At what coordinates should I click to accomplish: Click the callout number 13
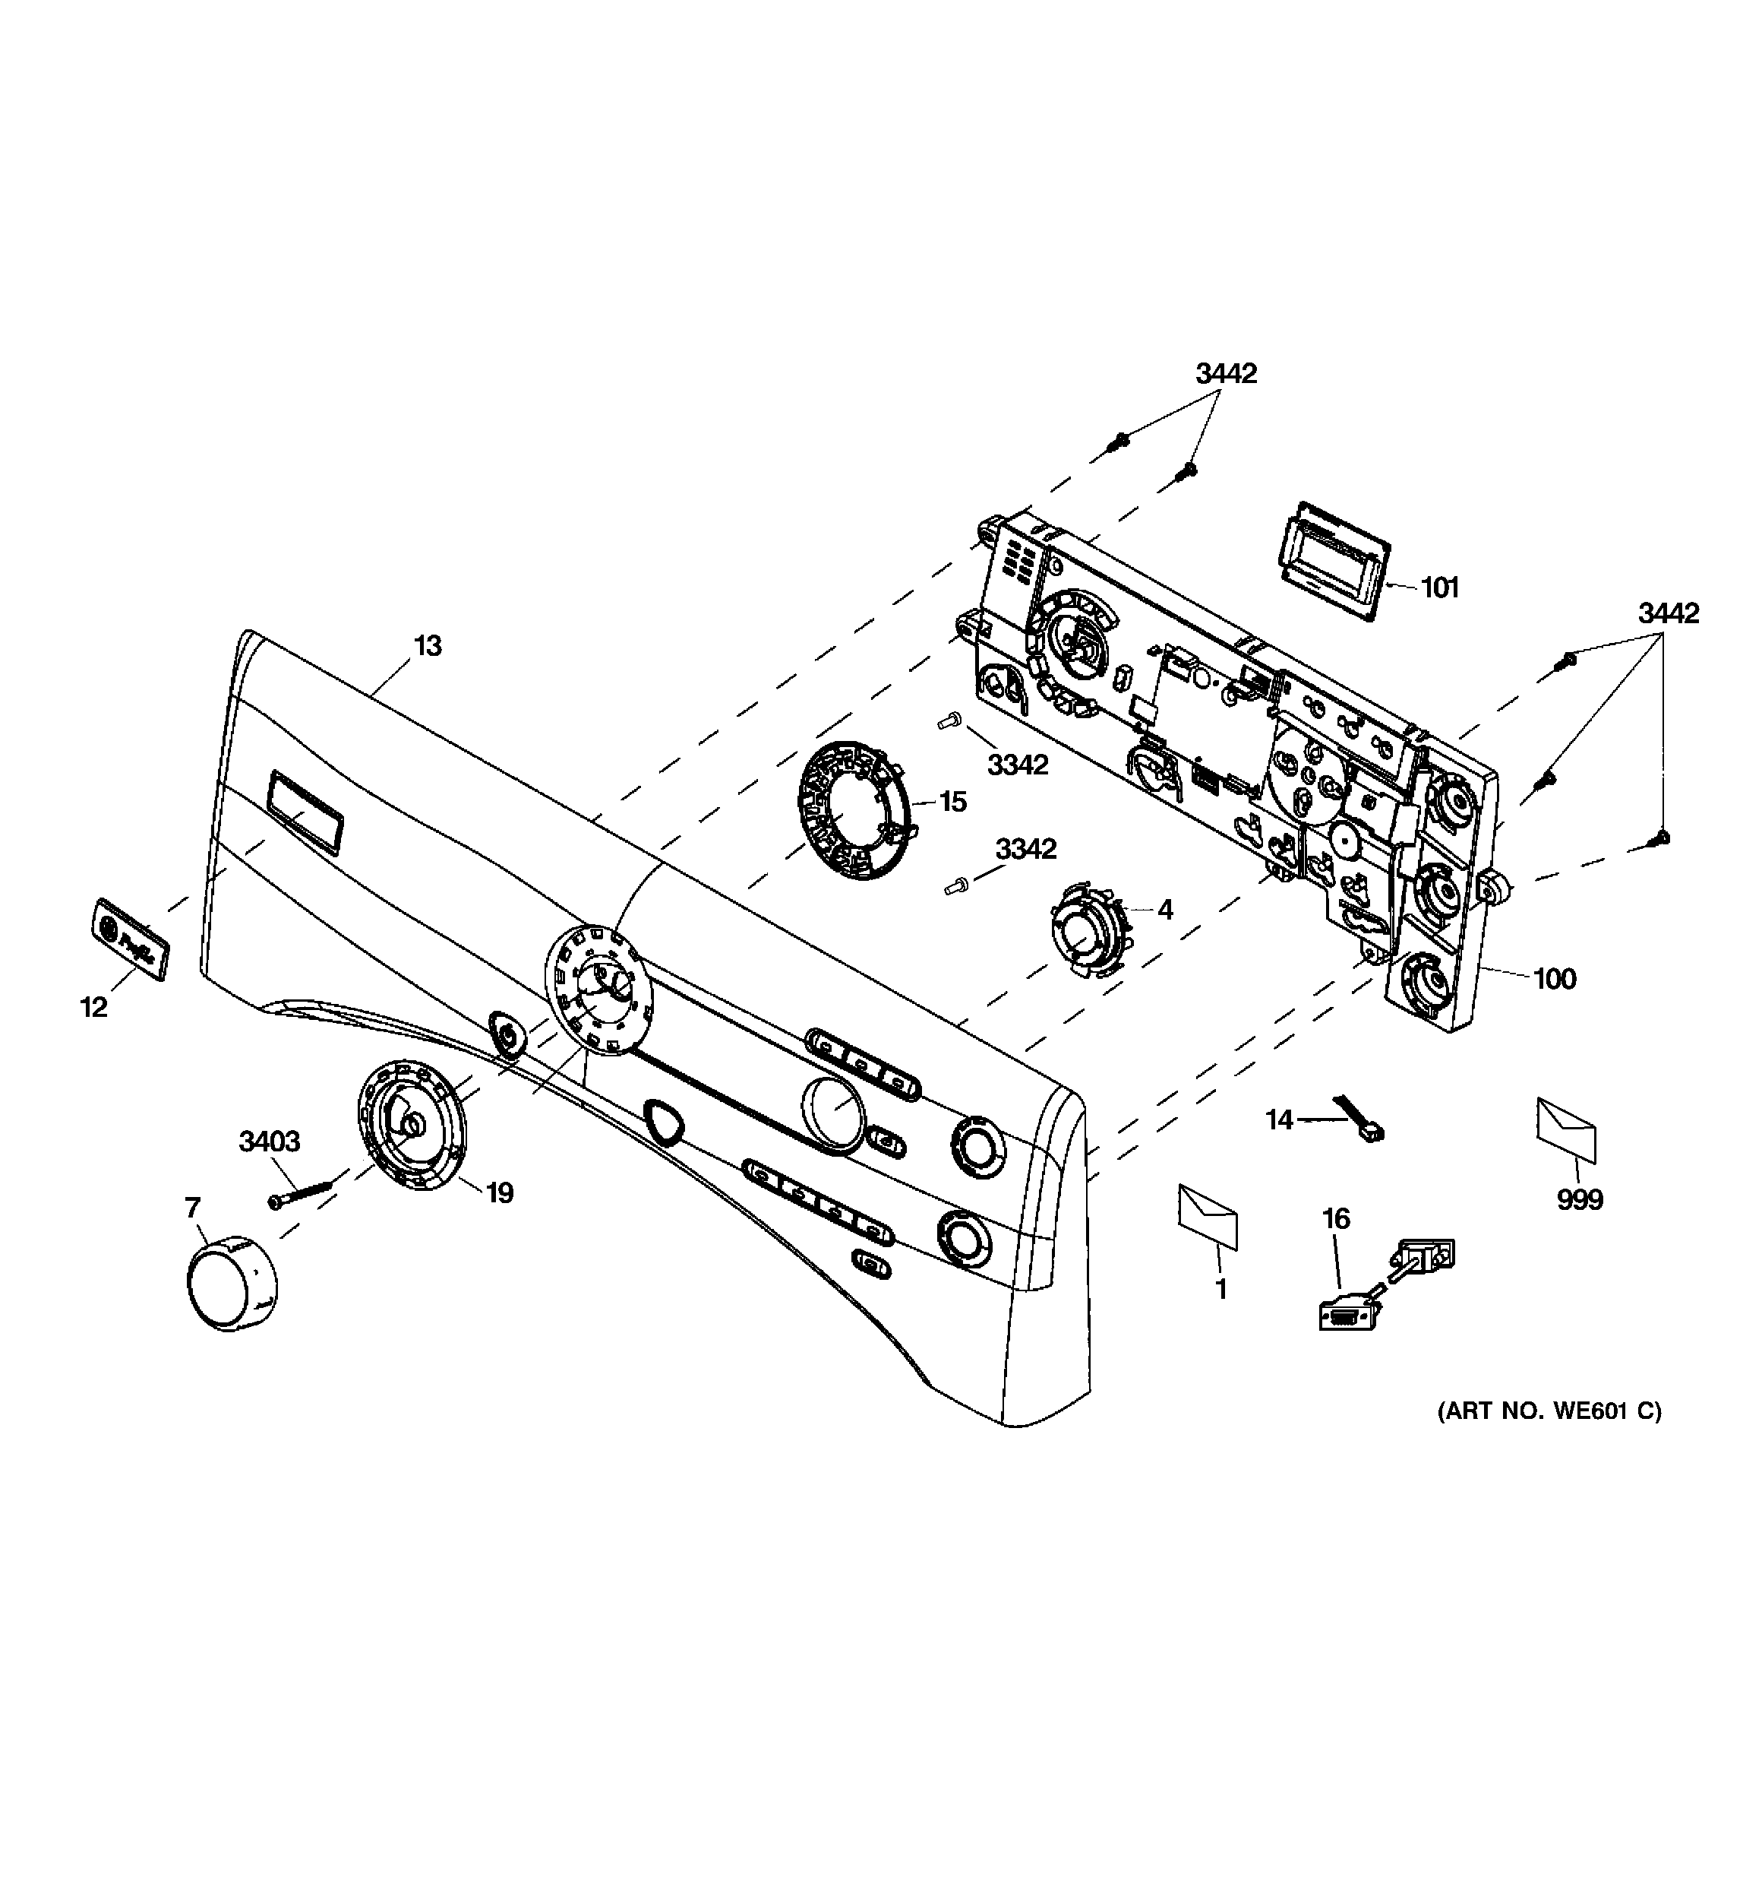click(x=428, y=646)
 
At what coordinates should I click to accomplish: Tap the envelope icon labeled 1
click(x=1207, y=1216)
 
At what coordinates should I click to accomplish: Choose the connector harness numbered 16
click(x=1384, y=1286)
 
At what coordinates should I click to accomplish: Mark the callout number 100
click(x=1554, y=978)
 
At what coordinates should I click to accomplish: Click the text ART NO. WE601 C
click(x=1549, y=1437)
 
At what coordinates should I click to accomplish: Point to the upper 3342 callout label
click(x=1018, y=764)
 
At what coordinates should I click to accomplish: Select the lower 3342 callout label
click(x=1025, y=849)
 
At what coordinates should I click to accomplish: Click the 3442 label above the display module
click(x=1226, y=374)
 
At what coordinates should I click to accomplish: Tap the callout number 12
click(x=93, y=1008)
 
